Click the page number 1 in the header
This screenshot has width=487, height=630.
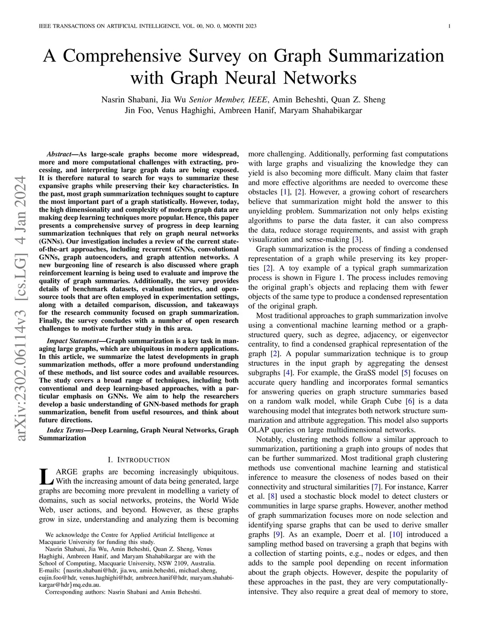click(449, 26)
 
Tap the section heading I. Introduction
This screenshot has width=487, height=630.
click(138, 460)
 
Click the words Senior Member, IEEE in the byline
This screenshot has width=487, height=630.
click(229, 100)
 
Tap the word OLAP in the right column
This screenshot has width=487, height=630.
click(259, 430)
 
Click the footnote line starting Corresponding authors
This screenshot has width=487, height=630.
click(123, 592)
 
